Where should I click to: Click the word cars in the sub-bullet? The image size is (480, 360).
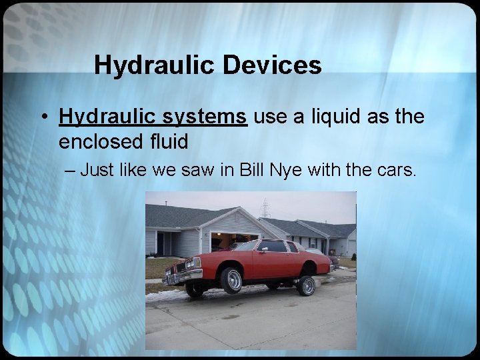click(x=395, y=170)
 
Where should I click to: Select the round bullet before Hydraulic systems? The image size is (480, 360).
click(x=42, y=118)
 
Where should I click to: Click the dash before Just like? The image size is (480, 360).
click(x=71, y=170)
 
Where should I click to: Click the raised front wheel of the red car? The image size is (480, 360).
click(x=231, y=280)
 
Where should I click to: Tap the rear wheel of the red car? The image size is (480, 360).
click(x=306, y=285)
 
